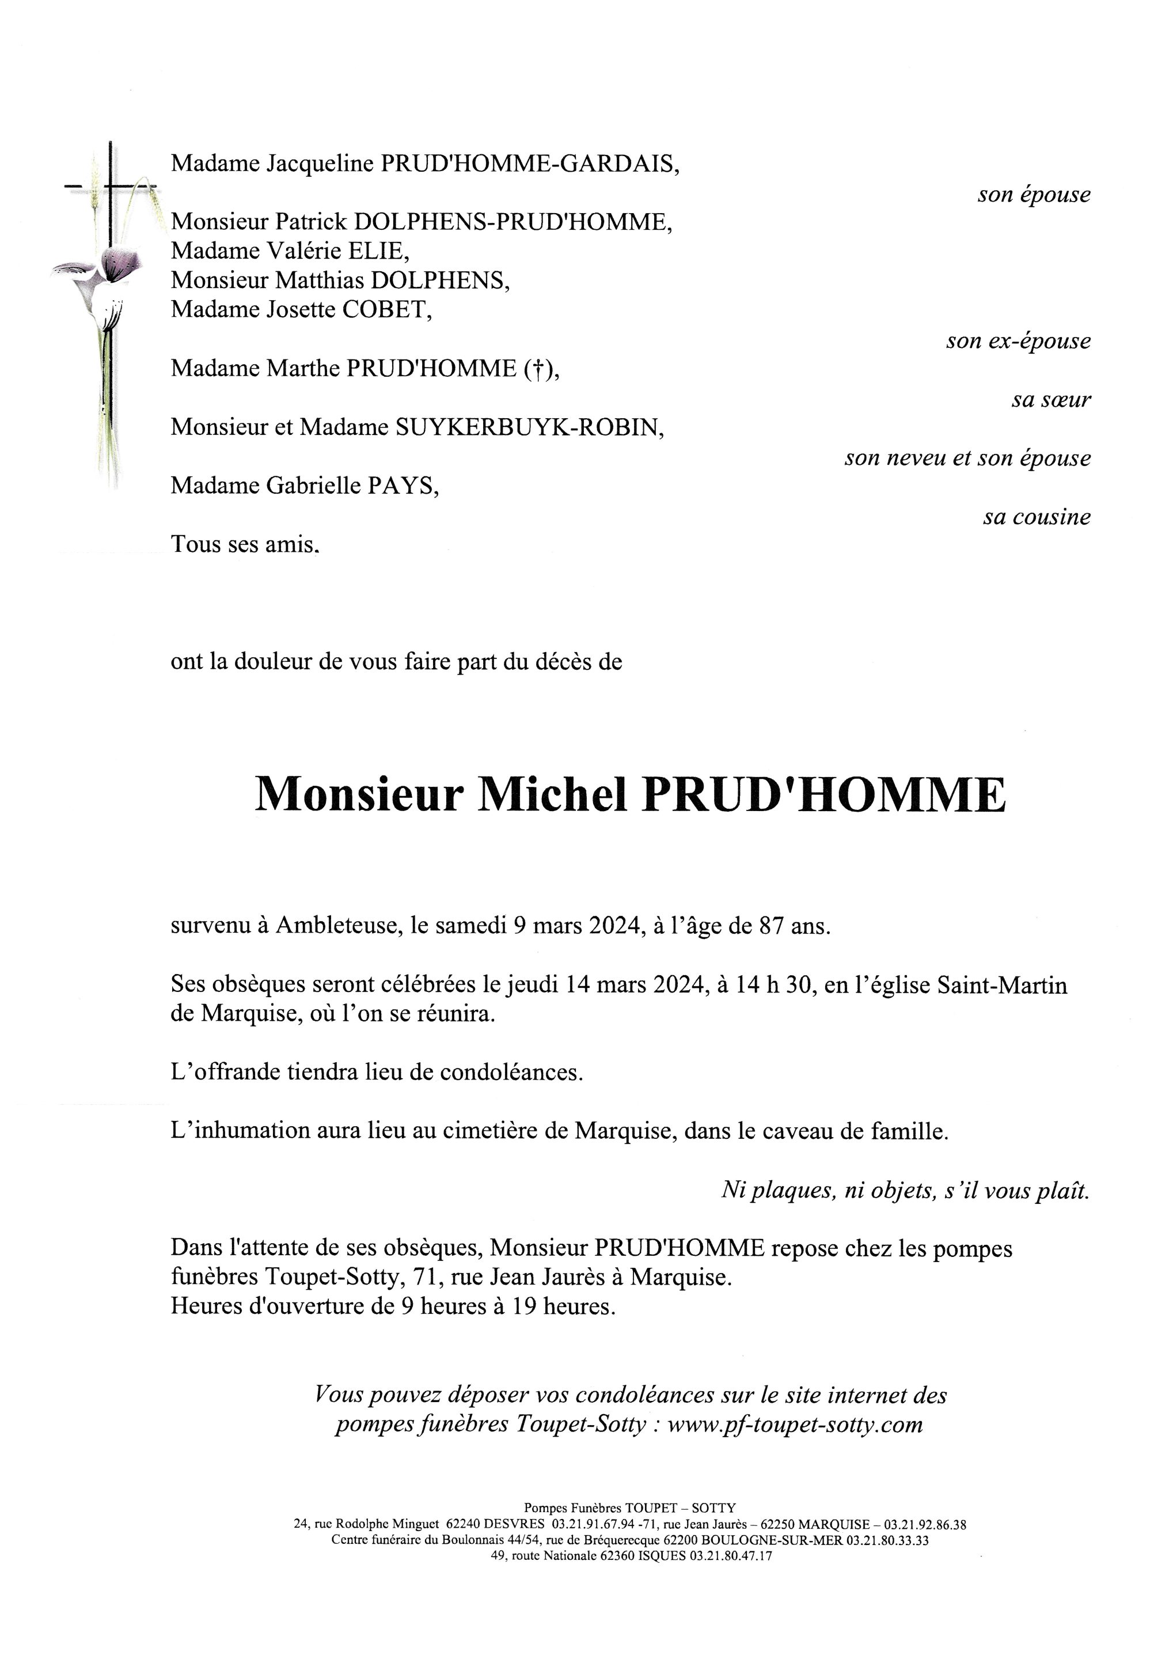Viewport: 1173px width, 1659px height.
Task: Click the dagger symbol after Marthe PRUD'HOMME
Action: [536, 369]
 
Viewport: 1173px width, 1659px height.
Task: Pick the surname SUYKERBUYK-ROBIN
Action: [528, 428]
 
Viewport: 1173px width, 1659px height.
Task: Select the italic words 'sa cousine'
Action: [1036, 517]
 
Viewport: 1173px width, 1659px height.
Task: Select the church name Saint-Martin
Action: [1002, 986]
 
